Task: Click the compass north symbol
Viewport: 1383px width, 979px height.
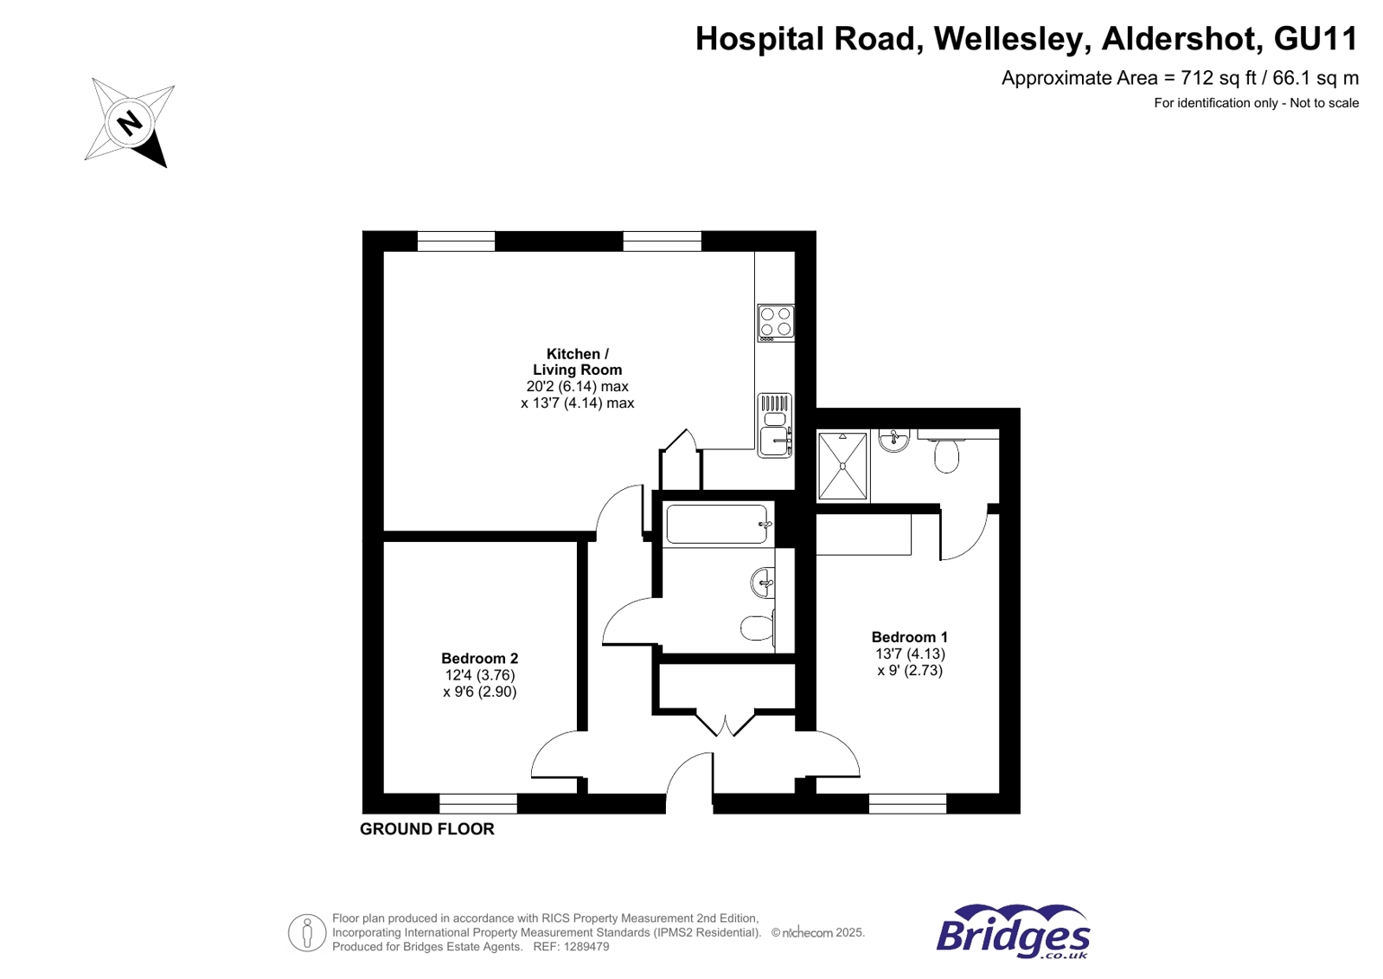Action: pos(130,122)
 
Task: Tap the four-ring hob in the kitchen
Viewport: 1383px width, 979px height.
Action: pos(775,322)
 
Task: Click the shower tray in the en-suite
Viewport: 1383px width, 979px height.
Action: pos(842,466)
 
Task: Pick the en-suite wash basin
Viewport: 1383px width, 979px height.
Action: pos(893,441)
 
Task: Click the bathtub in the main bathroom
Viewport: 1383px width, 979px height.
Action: pos(716,525)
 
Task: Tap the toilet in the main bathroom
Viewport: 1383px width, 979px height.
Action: pos(758,628)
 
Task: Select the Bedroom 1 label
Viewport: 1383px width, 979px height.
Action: pos(909,637)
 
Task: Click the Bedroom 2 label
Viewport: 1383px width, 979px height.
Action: pos(479,659)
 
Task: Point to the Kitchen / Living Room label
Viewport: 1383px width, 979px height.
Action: pos(577,362)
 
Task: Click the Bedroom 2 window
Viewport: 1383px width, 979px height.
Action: pos(478,803)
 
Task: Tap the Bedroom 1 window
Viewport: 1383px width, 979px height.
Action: pos(907,803)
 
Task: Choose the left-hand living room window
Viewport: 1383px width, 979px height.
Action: pos(456,242)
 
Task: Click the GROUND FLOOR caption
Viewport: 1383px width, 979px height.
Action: pos(426,829)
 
